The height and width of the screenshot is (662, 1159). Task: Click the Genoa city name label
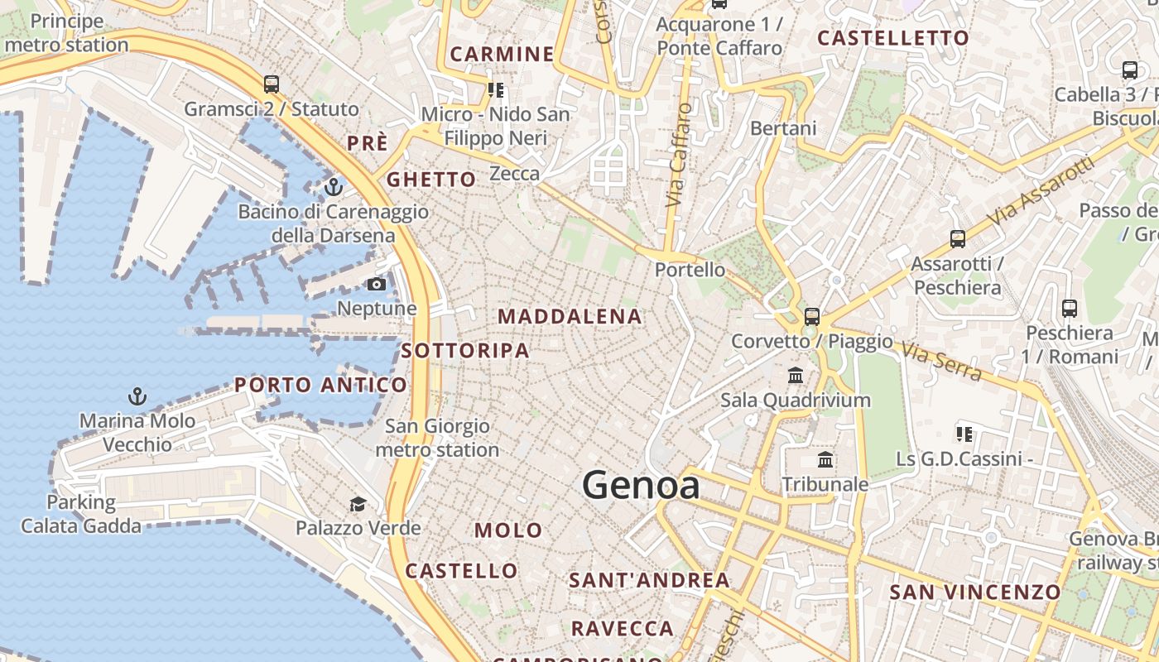(x=641, y=485)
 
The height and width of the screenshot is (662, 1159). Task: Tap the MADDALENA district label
(x=570, y=316)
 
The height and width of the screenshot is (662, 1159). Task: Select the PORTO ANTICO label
(x=320, y=385)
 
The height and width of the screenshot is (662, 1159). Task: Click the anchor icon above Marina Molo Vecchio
(x=137, y=396)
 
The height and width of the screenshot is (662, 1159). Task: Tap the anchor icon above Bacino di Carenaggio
(x=333, y=187)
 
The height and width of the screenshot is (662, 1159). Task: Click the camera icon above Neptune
(x=377, y=285)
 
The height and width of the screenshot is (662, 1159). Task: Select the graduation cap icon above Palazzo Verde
(x=358, y=504)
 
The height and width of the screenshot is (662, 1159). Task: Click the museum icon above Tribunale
(x=825, y=460)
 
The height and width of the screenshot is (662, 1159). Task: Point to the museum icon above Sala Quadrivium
(x=796, y=376)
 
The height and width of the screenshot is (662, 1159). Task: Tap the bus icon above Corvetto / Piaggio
(x=812, y=316)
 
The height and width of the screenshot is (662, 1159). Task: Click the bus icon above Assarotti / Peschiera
(x=958, y=239)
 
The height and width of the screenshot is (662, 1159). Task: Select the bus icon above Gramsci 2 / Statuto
(x=272, y=84)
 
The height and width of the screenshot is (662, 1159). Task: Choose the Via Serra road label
(x=941, y=362)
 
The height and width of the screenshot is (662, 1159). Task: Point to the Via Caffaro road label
(x=678, y=156)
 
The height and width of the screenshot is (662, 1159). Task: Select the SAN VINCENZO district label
(x=974, y=592)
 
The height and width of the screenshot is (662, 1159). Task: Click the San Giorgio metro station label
(x=437, y=439)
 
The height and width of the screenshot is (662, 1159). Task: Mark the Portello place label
(x=690, y=270)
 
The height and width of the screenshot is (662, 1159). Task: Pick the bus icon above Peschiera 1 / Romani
(x=1070, y=309)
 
